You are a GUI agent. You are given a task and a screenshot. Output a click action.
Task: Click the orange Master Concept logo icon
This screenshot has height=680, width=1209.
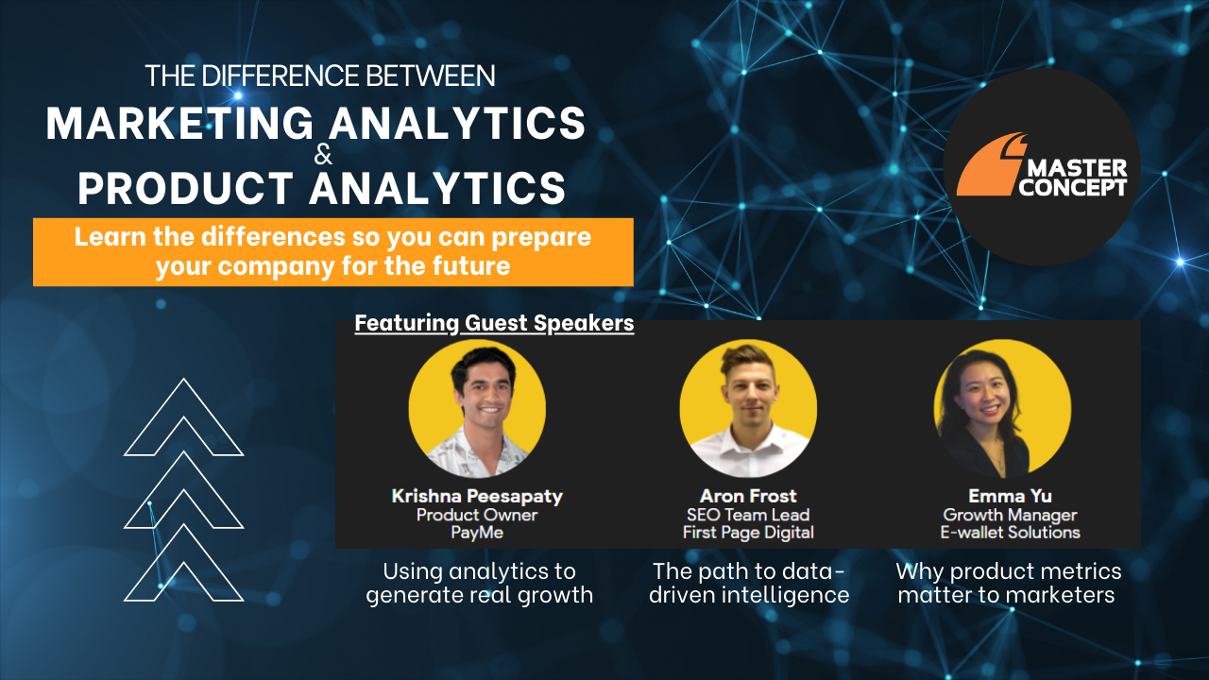click(988, 164)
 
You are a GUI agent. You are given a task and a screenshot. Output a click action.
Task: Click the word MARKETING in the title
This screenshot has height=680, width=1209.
click(179, 124)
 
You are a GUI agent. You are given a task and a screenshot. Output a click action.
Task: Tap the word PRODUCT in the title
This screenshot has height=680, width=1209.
click(185, 187)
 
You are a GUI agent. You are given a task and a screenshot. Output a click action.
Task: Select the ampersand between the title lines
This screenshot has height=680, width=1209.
click(323, 156)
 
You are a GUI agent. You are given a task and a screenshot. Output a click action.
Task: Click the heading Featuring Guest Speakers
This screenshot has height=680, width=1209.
click(494, 324)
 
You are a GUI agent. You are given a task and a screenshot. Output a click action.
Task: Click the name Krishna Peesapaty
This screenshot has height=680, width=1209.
click(477, 496)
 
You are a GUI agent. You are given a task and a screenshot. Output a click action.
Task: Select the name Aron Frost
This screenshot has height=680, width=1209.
click(748, 496)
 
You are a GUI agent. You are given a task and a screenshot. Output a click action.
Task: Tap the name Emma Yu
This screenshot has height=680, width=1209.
click(1010, 496)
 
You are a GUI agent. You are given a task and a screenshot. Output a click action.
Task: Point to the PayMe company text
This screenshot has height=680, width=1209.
click(477, 533)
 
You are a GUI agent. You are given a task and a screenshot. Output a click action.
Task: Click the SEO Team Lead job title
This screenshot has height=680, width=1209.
click(748, 515)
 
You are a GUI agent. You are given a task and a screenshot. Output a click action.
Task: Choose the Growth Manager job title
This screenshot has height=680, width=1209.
click(1010, 515)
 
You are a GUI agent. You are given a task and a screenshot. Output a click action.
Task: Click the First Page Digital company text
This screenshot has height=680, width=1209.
click(748, 533)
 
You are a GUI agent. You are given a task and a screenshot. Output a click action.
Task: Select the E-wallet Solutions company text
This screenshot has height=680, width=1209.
click(1011, 533)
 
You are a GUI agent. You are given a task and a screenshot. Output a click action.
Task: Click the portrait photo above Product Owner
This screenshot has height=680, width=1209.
click(477, 408)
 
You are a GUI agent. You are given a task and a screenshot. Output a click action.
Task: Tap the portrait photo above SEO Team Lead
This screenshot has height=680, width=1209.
click(748, 408)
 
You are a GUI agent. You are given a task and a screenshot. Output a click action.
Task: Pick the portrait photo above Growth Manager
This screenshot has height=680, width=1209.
click(1002, 408)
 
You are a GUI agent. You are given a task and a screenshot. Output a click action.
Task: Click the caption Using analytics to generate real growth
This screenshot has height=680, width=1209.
click(479, 583)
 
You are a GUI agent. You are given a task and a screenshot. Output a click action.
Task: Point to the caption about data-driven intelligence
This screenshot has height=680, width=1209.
click(748, 583)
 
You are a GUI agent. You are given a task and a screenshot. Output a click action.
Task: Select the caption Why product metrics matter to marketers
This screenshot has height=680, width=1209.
click(1008, 583)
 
